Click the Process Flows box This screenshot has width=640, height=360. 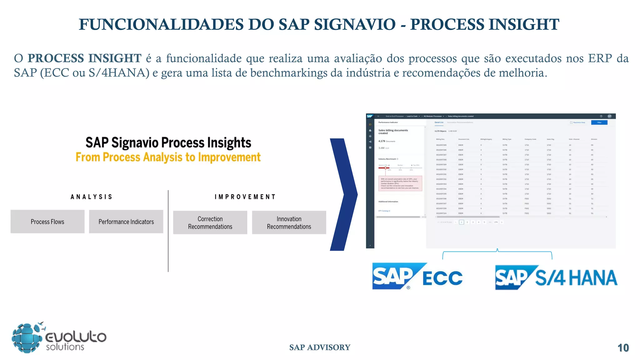(x=47, y=222)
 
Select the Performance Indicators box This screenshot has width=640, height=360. (x=126, y=222)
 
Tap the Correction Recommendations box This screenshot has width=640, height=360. (x=210, y=222)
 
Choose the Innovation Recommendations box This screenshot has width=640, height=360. (x=289, y=222)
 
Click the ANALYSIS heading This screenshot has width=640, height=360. (x=91, y=197)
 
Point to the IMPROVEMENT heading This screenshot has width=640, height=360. (x=245, y=197)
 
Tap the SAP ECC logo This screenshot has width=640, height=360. (x=417, y=277)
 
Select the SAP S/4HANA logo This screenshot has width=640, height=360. (x=556, y=277)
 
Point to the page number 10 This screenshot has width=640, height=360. (x=623, y=348)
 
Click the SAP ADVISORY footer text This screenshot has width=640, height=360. (x=320, y=347)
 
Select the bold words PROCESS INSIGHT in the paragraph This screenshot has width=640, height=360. (x=84, y=58)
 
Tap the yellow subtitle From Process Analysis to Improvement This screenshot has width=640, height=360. (x=168, y=157)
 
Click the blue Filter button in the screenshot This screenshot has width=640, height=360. (x=599, y=122)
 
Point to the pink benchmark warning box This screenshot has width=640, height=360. (x=400, y=183)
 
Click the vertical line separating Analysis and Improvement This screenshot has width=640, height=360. (x=168, y=231)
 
